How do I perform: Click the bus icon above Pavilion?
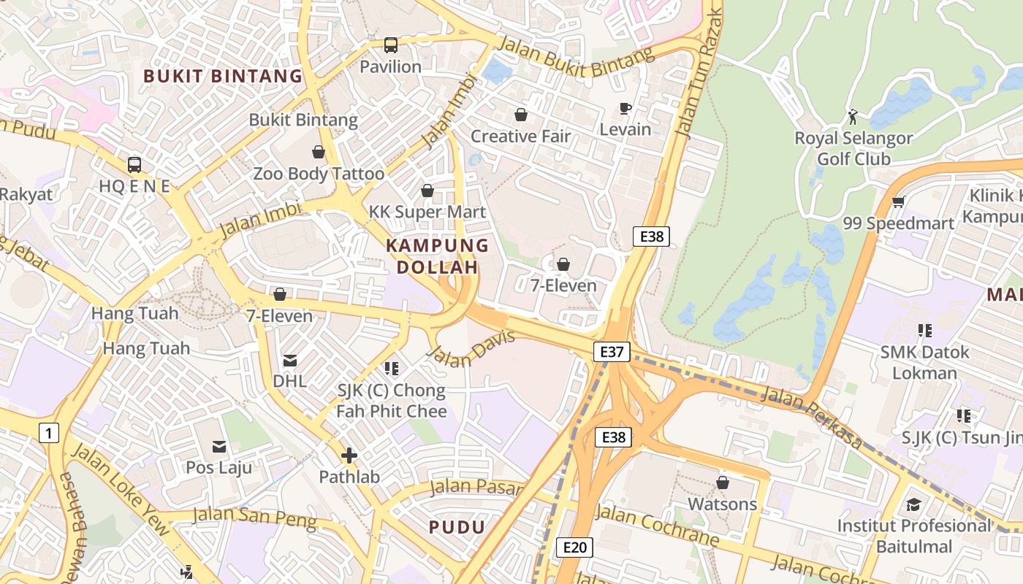pos(391,45)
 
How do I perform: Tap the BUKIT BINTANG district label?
pos(223,76)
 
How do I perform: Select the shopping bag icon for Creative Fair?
pos(521,115)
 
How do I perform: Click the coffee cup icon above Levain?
pos(625,108)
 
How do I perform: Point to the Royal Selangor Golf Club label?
pos(853,148)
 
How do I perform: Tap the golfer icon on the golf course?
pos(853,116)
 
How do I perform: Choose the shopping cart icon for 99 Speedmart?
pos(899,201)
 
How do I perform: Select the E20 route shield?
pos(574,547)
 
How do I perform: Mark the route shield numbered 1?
pos(48,434)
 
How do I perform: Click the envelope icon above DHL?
pos(290,360)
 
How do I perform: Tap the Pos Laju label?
pos(218,467)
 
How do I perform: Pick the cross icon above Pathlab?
pos(349,456)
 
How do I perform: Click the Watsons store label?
pos(722,504)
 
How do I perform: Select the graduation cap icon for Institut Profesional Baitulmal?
pos(913,504)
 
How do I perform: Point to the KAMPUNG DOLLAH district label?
pos(437,256)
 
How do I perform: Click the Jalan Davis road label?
pos(471,349)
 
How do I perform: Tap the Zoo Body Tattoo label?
pos(319,174)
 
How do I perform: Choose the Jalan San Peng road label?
pos(254,518)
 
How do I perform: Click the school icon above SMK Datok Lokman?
pos(925,331)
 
